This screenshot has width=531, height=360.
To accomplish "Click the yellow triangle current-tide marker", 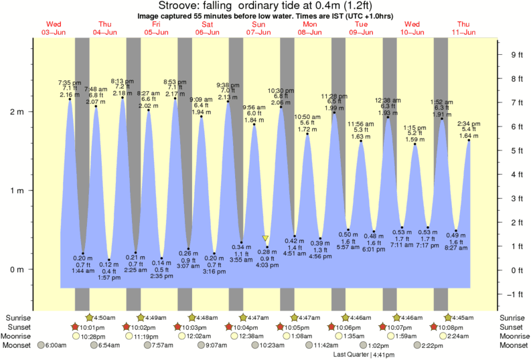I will click(x=266, y=238).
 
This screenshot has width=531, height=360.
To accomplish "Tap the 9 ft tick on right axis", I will click(x=516, y=55).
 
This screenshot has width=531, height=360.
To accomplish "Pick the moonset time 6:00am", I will click(x=56, y=345).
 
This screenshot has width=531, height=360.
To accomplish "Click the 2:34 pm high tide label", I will click(x=469, y=124).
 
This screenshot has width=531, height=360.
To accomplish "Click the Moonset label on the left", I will click(x=20, y=345).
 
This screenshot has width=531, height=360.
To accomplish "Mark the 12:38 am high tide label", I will click(x=388, y=100).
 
